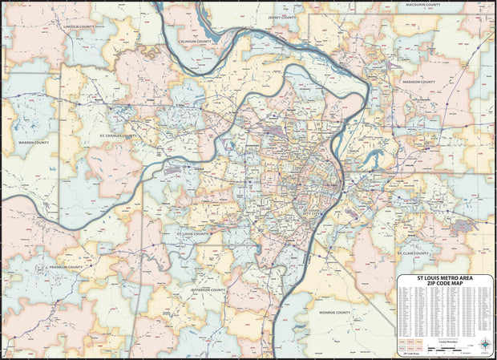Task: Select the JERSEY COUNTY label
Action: click(x=283, y=16)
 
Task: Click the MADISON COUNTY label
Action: click(x=418, y=82)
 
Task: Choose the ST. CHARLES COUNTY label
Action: click(x=117, y=136)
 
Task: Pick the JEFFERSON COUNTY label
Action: click(x=211, y=289)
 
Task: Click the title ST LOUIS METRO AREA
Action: click(x=444, y=278)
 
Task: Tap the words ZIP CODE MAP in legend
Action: click(x=444, y=284)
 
